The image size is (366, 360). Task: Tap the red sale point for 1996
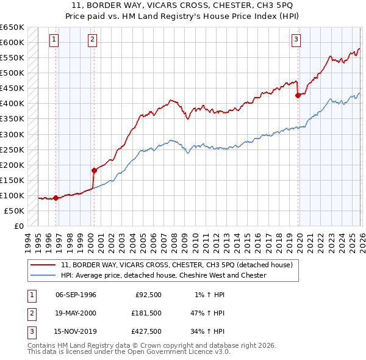tap(56, 198)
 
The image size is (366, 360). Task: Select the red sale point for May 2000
tap(94, 170)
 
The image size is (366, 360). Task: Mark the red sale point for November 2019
tap(298, 95)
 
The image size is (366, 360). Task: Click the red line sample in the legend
tap(43, 265)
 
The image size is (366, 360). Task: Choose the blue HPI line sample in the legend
tap(43, 276)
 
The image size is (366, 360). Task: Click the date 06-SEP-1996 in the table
tap(76, 295)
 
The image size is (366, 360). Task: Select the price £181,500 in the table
tap(146, 314)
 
